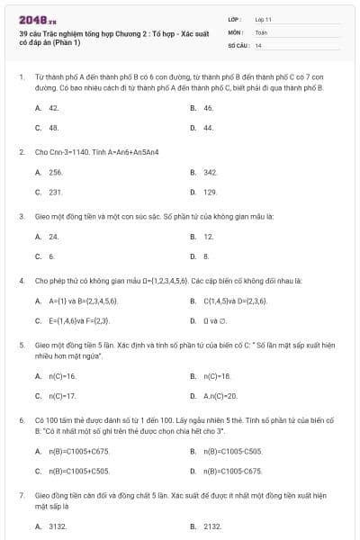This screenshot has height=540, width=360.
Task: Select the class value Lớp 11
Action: point(264,18)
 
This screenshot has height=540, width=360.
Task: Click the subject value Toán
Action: point(261,31)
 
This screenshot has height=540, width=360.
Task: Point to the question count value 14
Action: point(258,44)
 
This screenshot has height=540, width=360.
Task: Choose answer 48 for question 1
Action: point(54,128)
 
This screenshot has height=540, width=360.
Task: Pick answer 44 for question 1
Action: point(208,128)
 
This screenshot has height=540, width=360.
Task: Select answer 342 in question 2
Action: point(211,171)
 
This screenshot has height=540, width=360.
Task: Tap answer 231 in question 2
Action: point(56,192)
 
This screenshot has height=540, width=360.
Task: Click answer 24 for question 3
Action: point(54,236)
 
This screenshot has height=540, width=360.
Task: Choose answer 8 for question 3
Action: point(206,256)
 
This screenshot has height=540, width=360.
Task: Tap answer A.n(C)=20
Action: point(220,395)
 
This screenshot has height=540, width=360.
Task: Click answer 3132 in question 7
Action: point(58,526)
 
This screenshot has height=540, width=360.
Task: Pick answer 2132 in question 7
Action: point(212,526)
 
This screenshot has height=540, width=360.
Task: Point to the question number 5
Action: point(21,344)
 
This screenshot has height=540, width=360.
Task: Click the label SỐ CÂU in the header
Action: point(238,44)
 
